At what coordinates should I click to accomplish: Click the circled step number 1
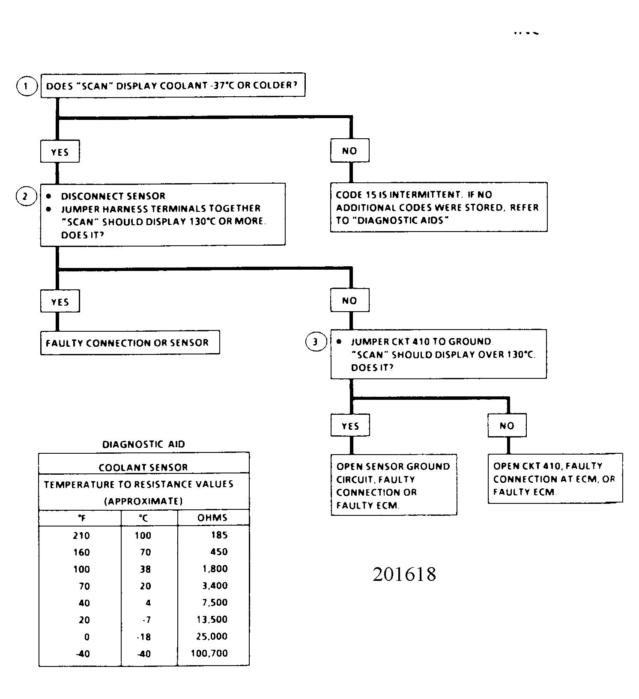pyautogui.click(x=27, y=86)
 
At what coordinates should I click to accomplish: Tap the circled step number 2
pyautogui.click(x=26, y=196)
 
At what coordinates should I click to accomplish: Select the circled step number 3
pyautogui.click(x=316, y=342)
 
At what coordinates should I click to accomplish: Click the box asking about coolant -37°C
pyautogui.click(x=173, y=85)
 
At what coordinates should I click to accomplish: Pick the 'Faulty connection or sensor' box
pyautogui.click(x=130, y=342)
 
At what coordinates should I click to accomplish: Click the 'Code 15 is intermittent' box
pyautogui.click(x=439, y=207)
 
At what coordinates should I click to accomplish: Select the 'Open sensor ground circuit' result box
pyautogui.click(x=394, y=485)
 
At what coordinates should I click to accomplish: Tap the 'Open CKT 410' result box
pyautogui.click(x=555, y=478)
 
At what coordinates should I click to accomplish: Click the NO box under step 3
pyautogui.click(x=507, y=425)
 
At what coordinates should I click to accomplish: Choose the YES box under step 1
pyautogui.click(x=60, y=152)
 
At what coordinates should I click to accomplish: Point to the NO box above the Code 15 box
pyautogui.click(x=349, y=151)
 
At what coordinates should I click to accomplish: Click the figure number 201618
pyautogui.click(x=404, y=574)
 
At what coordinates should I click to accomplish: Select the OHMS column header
pyautogui.click(x=212, y=518)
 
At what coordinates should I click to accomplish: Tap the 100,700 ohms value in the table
pyautogui.click(x=209, y=654)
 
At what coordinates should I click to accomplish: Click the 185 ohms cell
pyautogui.click(x=219, y=535)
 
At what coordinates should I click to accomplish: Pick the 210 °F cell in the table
pyautogui.click(x=81, y=535)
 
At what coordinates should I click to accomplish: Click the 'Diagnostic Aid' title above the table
pyautogui.click(x=143, y=444)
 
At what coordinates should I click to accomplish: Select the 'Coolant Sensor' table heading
pyautogui.click(x=143, y=467)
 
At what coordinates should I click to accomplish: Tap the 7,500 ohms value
pyautogui.click(x=215, y=603)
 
